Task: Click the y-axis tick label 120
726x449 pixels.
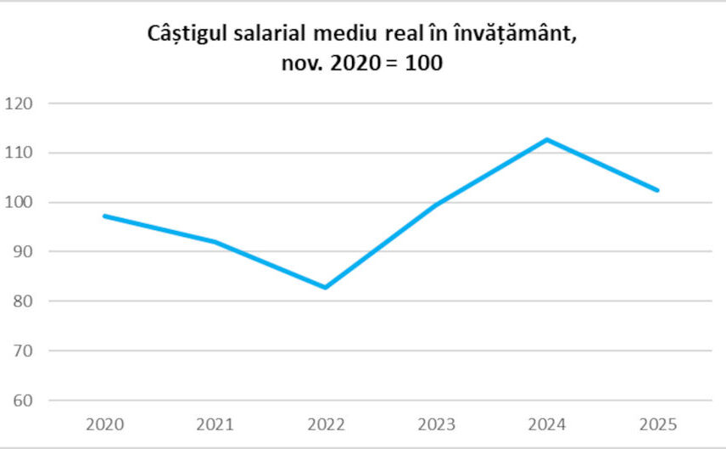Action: tap(19, 104)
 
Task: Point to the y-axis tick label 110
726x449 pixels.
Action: tap(19, 153)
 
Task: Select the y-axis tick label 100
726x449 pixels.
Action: tap(19, 202)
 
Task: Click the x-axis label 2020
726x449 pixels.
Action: tap(103, 424)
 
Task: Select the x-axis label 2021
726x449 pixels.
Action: tap(214, 424)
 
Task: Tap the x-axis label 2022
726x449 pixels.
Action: tap(325, 424)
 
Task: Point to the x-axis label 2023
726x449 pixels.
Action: tap(436, 424)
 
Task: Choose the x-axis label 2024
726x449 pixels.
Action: tap(547, 424)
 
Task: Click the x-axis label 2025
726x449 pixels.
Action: tap(657, 424)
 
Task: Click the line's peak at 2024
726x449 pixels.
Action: tap(547, 139)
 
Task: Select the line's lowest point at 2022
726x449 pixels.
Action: tap(325, 288)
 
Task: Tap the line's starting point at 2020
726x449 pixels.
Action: tap(103, 216)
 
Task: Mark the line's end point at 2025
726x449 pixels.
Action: tap(657, 190)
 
